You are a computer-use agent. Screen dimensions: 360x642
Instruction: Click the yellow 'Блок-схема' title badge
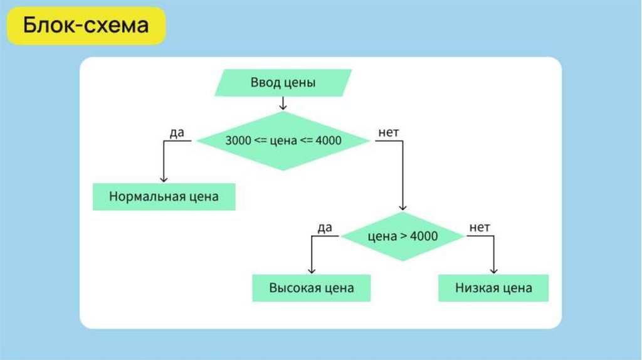(x=87, y=26)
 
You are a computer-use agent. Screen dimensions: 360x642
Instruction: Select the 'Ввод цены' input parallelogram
(x=283, y=83)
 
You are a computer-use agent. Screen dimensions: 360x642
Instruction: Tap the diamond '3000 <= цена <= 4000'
(x=283, y=140)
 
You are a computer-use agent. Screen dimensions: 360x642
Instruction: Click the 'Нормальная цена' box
(x=164, y=196)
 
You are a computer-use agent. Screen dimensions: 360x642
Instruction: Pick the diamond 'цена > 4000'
(x=402, y=236)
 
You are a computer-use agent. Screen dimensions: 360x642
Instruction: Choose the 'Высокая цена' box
(x=311, y=288)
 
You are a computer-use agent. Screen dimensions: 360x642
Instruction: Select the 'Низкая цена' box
(x=493, y=288)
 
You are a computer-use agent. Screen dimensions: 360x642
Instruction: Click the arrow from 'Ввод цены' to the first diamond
(x=283, y=103)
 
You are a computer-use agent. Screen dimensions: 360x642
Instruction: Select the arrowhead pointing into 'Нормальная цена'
(x=164, y=179)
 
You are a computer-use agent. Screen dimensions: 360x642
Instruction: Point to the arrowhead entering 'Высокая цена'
(x=311, y=270)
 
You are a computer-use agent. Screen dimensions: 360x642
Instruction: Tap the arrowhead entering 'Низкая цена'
(x=493, y=270)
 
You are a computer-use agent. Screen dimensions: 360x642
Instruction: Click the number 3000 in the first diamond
(x=238, y=141)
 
